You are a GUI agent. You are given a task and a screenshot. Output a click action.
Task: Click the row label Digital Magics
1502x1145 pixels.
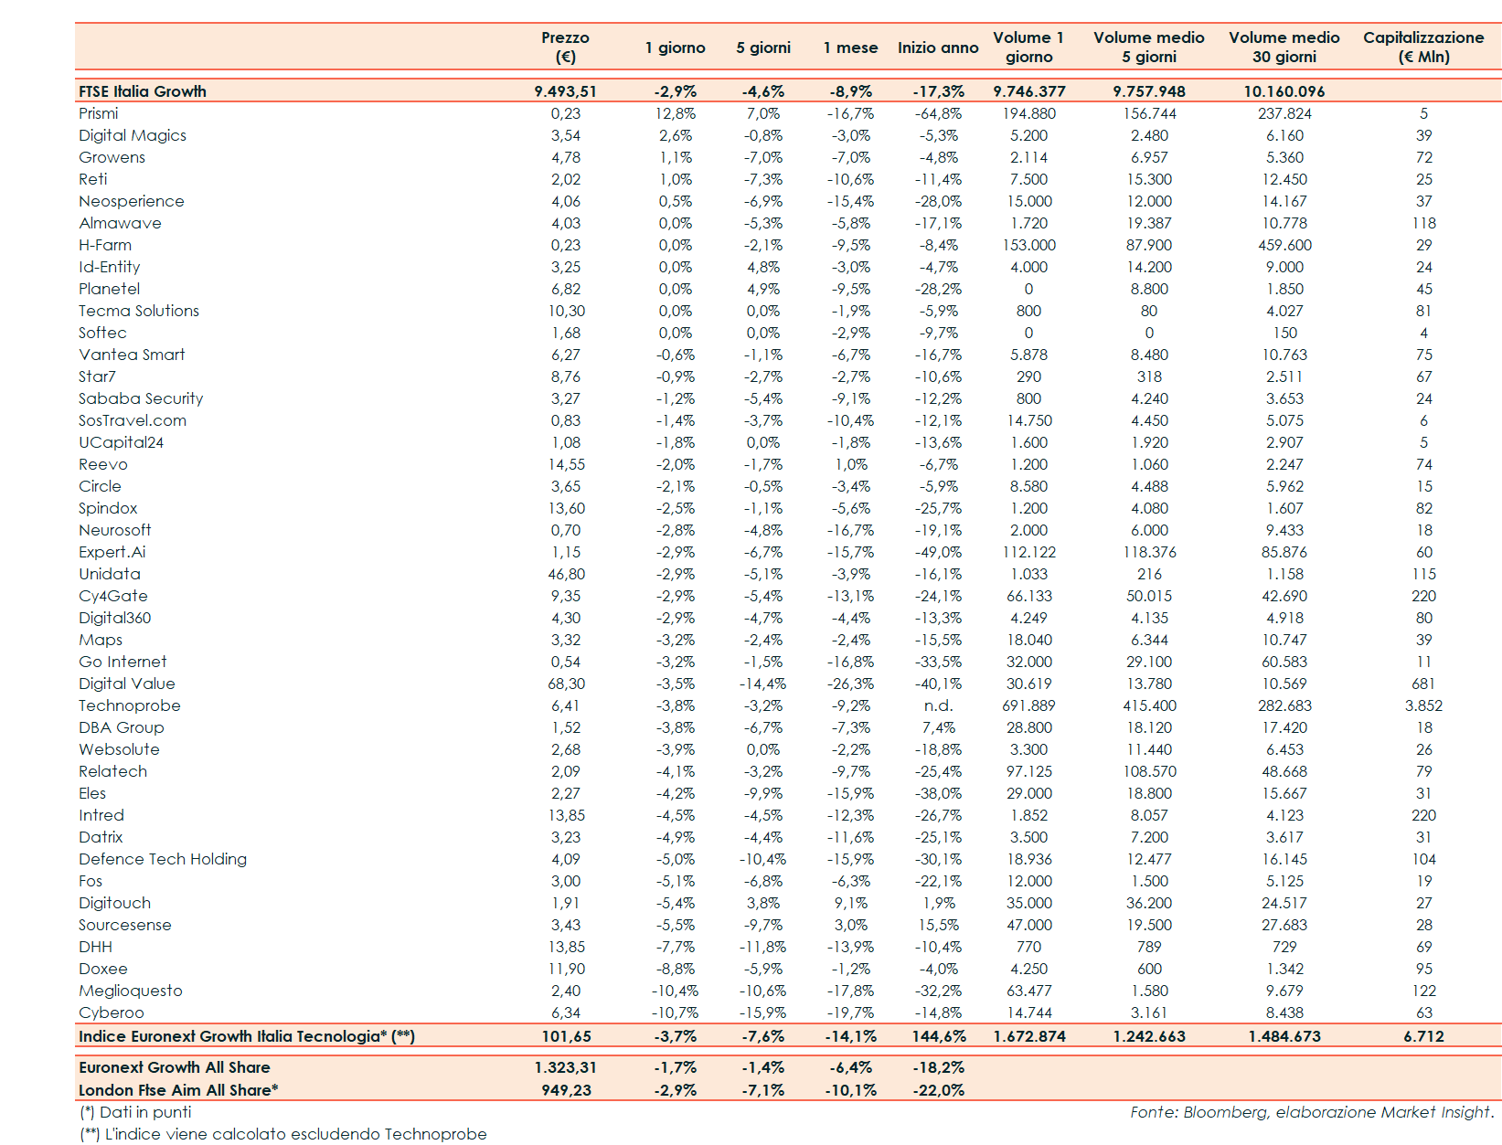coord(133,135)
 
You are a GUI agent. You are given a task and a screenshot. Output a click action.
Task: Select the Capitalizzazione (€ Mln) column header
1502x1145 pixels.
coord(1423,47)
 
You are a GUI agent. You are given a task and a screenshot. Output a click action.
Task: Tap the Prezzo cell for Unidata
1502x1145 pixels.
coord(566,574)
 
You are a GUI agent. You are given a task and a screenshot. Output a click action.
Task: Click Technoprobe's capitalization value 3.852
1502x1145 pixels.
coord(1423,705)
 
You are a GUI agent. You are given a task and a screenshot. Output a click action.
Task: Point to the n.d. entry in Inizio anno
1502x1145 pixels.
coord(938,705)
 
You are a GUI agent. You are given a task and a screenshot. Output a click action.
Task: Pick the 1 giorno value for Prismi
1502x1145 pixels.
coord(676,113)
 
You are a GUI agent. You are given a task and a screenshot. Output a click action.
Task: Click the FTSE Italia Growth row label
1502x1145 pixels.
coord(143,91)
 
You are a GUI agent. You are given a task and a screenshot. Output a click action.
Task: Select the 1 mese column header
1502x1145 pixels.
coord(850,48)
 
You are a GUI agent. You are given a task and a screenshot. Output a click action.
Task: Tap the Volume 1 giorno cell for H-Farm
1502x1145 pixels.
coord(1028,245)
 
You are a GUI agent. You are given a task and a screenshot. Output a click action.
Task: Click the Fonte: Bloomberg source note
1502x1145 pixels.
coord(1312,1112)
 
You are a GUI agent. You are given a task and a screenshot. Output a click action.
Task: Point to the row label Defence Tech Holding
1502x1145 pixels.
coord(163,859)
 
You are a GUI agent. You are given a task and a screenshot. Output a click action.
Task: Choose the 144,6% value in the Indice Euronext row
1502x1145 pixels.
coord(939,1036)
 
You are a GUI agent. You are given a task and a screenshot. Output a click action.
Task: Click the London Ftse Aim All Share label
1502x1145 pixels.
coord(178,1090)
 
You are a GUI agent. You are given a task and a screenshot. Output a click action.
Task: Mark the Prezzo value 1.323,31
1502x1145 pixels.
coord(565,1067)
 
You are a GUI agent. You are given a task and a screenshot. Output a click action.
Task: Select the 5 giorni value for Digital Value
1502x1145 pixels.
coord(762,684)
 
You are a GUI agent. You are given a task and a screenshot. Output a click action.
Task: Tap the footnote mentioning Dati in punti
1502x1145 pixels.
coord(135,1112)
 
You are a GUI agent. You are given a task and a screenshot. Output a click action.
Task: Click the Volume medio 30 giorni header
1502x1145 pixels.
coord(1284,47)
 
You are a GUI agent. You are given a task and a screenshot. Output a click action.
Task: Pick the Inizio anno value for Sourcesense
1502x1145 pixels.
coord(939,925)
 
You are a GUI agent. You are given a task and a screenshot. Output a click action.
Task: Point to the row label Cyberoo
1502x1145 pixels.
coord(112,1012)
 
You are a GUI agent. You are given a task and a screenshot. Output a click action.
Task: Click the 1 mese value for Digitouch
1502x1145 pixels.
coord(851,903)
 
